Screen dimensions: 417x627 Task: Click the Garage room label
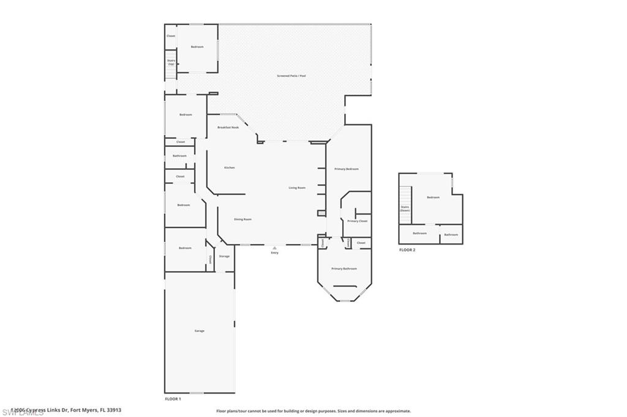200,331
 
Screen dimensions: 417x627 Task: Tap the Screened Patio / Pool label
291,76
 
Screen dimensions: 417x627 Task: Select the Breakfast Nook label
228,127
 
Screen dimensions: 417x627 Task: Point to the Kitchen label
230,168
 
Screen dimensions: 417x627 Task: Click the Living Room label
297,188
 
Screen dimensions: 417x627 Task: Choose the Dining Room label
243,219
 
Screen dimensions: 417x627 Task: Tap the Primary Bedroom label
347,169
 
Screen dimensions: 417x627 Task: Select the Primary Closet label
357,221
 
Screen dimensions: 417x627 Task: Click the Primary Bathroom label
344,268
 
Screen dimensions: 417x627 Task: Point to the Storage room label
224,256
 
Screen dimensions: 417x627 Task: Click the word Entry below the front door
274,253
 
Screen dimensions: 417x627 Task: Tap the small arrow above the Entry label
274,248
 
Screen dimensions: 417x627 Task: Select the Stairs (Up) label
171,62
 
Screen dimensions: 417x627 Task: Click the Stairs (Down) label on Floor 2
405,208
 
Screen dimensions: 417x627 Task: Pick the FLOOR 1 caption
173,399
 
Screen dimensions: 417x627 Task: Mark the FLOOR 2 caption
407,250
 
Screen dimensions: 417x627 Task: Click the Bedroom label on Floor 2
433,197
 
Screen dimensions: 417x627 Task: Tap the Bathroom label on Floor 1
179,156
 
